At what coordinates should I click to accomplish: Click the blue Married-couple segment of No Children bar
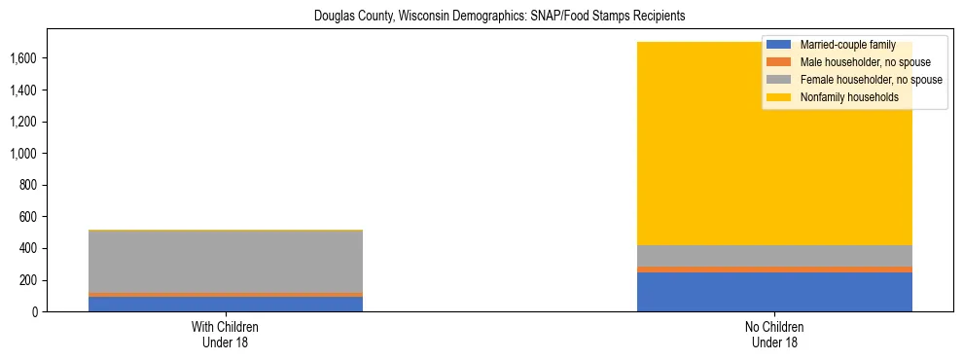(774, 292)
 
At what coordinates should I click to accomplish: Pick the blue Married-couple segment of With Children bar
(225, 304)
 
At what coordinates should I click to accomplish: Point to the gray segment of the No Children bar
(774, 256)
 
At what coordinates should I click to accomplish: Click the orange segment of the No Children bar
(774, 270)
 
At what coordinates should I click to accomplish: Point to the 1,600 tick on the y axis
(24, 58)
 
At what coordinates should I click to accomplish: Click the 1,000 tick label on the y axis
(24, 154)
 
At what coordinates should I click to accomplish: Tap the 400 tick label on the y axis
(30, 248)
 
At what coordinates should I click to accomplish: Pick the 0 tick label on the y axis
(36, 312)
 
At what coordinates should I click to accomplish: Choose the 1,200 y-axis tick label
(24, 122)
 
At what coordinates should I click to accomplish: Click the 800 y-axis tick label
(30, 185)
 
